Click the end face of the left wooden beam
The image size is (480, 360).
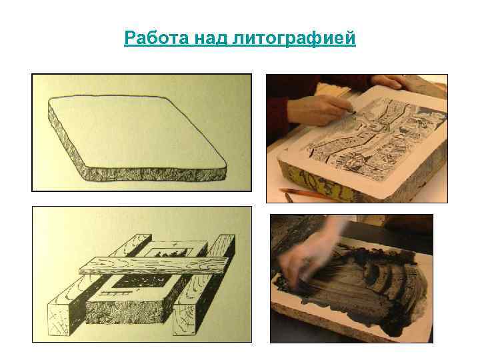[x=60, y=320]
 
